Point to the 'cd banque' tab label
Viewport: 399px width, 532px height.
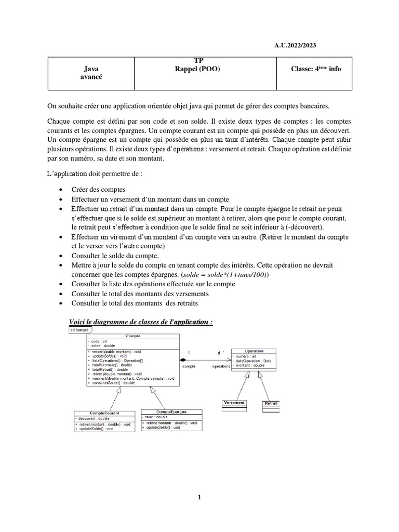point(80,329)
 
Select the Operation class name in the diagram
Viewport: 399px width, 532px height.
point(254,351)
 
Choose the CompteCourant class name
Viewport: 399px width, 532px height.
point(104,413)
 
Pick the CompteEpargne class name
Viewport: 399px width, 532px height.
point(171,411)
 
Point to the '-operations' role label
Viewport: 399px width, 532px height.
point(221,366)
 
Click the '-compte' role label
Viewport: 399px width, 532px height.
point(189,366)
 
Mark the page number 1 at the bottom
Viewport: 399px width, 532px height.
point(199,497)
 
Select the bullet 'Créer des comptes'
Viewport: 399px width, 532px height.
point(98,190)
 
